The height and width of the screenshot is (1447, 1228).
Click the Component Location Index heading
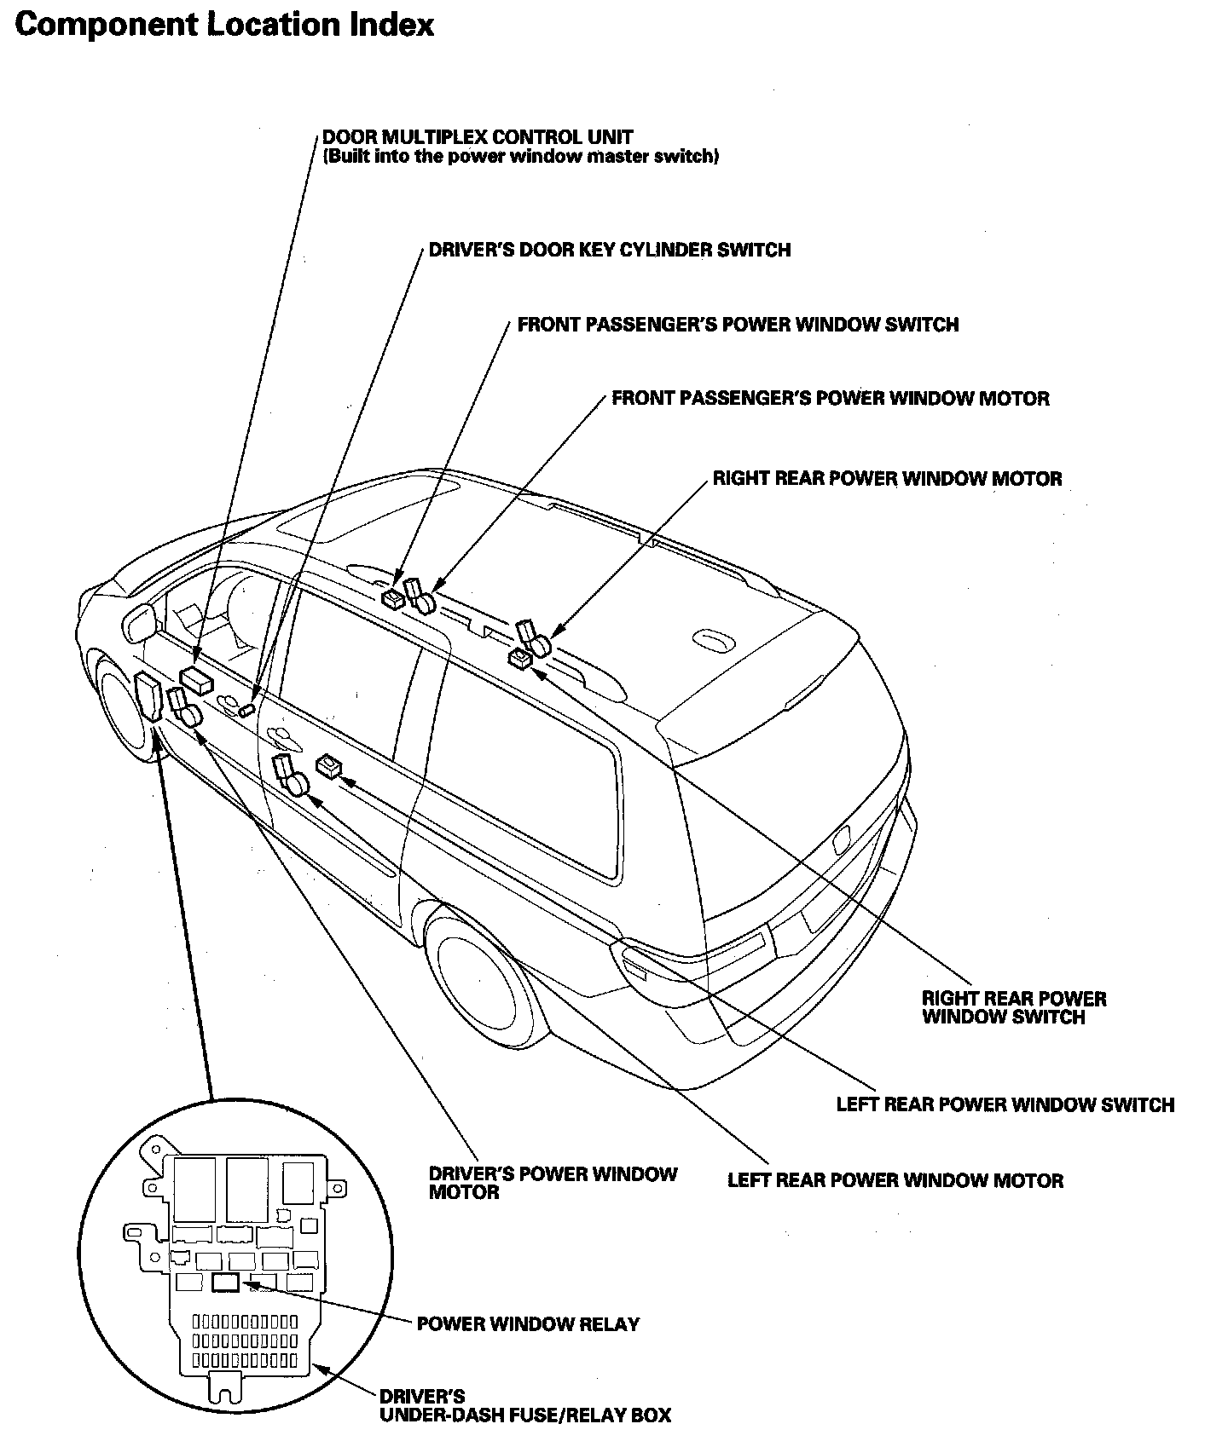(224, 25)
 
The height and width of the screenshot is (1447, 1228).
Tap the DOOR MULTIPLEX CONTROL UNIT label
(478, 137)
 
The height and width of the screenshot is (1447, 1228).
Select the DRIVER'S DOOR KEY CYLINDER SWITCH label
(609, 250)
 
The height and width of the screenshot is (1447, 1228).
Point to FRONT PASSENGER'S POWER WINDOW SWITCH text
(738, 325)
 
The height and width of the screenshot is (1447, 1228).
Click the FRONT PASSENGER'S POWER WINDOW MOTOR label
(830, 399)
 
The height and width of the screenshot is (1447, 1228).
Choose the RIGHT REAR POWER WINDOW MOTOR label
(887, 478)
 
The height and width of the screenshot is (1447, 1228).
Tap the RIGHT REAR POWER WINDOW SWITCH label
(1013, 1007)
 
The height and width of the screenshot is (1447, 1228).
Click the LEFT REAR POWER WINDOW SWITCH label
(1005, 1104)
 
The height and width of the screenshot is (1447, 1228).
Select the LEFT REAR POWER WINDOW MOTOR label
(895, 1180)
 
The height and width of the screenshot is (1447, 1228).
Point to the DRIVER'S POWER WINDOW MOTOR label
(552, 1182)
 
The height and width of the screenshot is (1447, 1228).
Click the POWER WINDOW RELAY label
(527, 1323)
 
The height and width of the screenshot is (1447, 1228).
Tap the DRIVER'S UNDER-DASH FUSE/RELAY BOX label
(524, 1406)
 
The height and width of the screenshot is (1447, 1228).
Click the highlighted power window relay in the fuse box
(226, 1283)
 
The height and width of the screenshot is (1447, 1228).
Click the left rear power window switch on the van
(328, 765)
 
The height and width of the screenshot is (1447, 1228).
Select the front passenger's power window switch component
(393, 598)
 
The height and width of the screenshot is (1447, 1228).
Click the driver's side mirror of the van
(140, 621)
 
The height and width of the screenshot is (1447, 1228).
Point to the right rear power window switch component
(519, 658)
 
